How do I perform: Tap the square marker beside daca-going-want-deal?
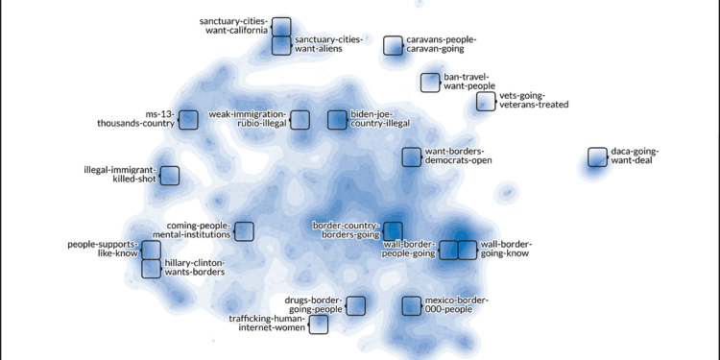[x=597, y=156]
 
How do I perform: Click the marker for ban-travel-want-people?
[x=430, y=83]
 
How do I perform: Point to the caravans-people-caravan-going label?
[x=442, y=44]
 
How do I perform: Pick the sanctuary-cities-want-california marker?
[x=281, y=27]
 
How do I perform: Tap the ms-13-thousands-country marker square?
[x=188, y=118]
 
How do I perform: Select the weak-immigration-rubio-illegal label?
[x=246, y=118]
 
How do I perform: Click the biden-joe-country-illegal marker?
[x=337, y=119]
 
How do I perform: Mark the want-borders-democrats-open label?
[x=458, y=156]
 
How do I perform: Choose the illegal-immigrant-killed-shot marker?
[x=170, y=176]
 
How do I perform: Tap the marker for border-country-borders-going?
[x=392, y=230]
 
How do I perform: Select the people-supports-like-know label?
[x=102, y=250]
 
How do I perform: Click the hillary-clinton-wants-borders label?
[x=195, y=267]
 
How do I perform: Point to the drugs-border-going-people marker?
[x=355, y=305]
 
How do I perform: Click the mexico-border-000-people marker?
[x=412, y=306]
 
